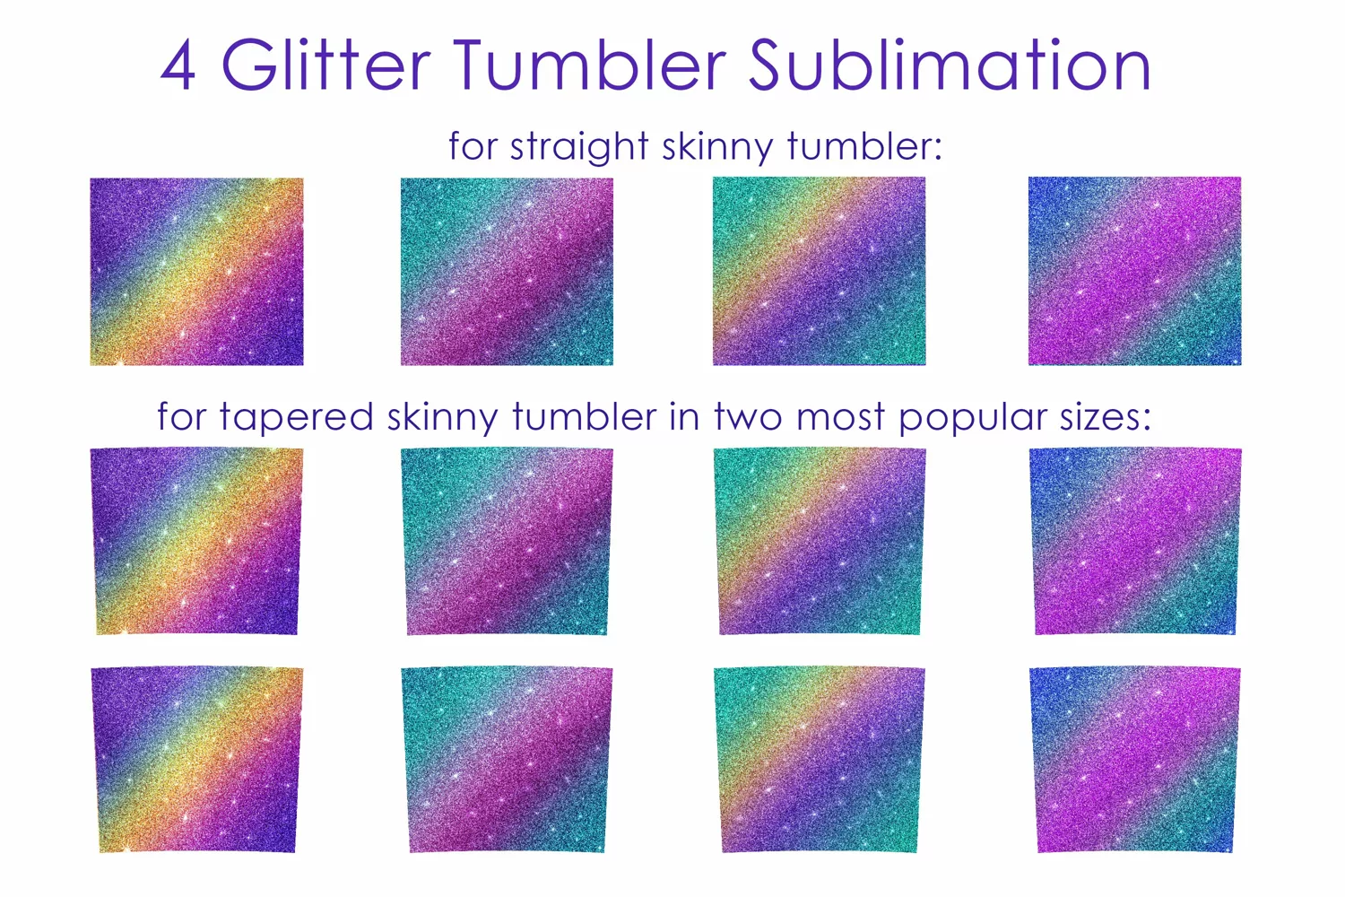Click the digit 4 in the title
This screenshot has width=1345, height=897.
178,65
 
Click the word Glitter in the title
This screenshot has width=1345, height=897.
326,64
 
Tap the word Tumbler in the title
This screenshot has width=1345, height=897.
590,64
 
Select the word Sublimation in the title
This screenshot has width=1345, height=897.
950,64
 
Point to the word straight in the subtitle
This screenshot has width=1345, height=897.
579,146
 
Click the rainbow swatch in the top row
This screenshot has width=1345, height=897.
197,272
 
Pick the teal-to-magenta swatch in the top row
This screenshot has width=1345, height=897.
507,272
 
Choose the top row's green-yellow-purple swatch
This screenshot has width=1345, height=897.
819,271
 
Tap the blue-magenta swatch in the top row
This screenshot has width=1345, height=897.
1135,271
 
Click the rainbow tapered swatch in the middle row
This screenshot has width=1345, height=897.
197,541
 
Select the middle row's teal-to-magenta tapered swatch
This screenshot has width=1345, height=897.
507,541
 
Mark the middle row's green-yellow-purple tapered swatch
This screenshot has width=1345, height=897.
820,541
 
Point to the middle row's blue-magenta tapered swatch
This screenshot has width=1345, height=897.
1135,541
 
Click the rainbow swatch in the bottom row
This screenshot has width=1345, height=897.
197,760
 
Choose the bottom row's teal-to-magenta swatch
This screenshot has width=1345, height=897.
507,760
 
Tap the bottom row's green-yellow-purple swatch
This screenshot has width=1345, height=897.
820,760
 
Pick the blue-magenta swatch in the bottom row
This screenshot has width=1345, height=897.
1135,760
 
